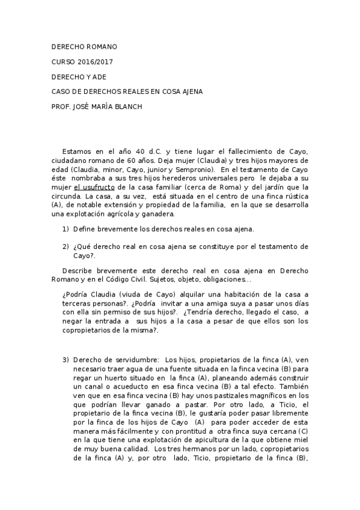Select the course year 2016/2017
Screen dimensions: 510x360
click(x=96, y=62)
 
